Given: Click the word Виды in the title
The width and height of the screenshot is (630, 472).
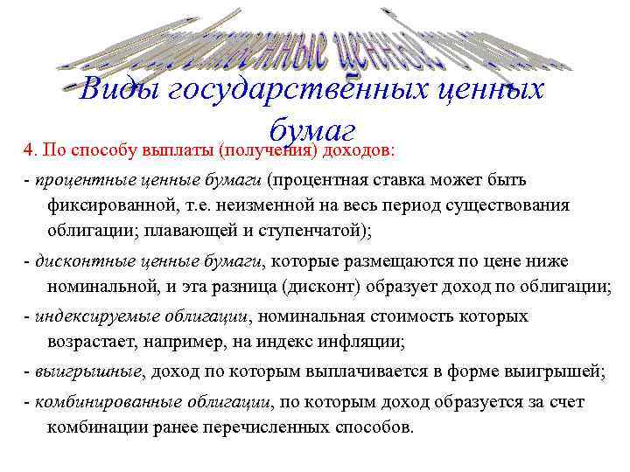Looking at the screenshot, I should point(118,91).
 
